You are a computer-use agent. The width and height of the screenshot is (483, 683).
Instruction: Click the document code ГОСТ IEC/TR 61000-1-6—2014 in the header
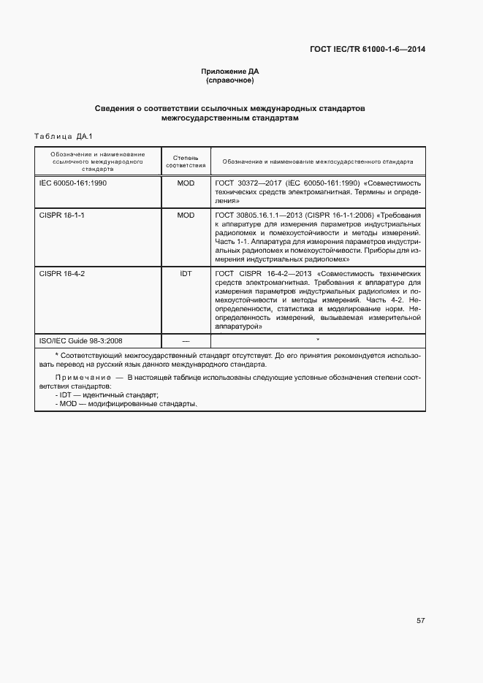(368, 50)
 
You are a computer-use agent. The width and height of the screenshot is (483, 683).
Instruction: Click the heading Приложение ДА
(230, 71)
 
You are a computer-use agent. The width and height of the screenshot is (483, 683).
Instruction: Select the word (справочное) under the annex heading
(230, 80)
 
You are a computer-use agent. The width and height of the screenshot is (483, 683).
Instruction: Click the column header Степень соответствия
(186, 161)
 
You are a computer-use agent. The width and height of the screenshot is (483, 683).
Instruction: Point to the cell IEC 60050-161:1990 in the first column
(73, 183)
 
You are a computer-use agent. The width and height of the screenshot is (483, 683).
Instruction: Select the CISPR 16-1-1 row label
(62, 215)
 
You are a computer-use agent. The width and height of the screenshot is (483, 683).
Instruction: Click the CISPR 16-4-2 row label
(62, 272)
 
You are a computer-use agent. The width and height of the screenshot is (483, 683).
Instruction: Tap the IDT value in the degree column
(186, 272)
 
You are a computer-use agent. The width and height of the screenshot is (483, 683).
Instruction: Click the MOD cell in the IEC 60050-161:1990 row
(186, 183)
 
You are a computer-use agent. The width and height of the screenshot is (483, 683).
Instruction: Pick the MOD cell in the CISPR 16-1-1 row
(186, 215)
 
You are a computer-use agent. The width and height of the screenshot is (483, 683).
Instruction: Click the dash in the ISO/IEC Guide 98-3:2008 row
(186, 340)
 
